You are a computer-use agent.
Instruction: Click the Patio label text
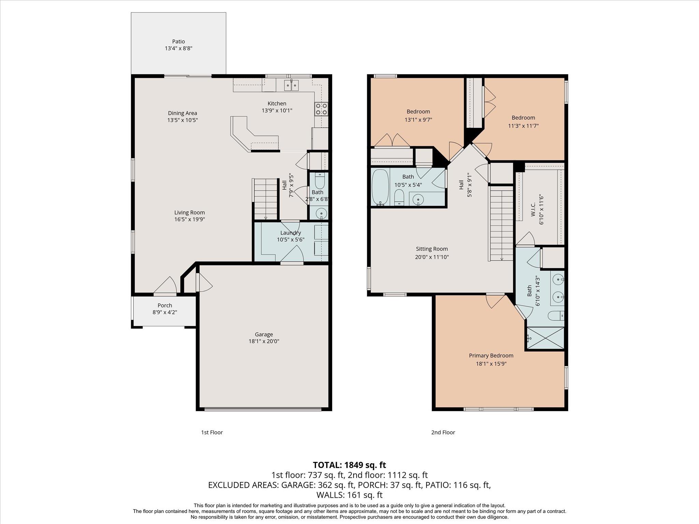[178, 42]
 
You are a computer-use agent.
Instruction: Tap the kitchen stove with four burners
[321, 109]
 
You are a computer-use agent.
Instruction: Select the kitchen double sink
[291, 85]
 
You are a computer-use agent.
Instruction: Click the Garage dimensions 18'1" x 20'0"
[264, 341]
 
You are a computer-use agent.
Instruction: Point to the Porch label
[165, 305]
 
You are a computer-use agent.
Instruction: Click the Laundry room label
[290, 233]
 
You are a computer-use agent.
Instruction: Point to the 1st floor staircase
[266, 199]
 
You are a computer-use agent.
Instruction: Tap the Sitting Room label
[432, 249]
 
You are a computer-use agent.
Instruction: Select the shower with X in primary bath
[545, 338]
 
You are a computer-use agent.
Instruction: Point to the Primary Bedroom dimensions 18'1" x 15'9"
[491, 364]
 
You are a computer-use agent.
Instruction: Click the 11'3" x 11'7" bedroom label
[523, 126]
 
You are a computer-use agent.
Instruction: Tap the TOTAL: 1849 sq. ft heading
[349, 465]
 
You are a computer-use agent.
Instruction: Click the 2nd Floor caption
[443, 432]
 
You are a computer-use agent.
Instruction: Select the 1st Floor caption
[212, 432]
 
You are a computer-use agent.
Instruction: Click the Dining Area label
[182, 113]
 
